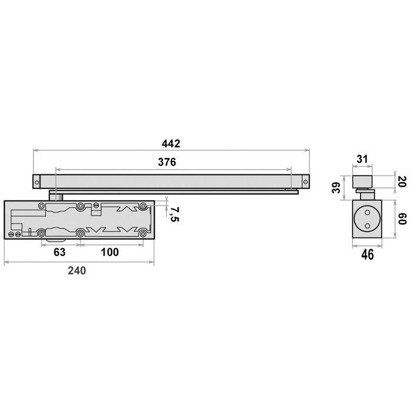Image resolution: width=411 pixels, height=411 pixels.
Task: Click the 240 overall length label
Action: pyautogui.click(x=76, y=271)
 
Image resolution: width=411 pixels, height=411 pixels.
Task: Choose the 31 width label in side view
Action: pyautogui.click(x=362, y=159)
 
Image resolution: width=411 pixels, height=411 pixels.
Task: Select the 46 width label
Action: pyautogui.click(x=367, y=254)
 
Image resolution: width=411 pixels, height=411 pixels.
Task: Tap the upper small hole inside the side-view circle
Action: pyautogui.click(x=367, y=212)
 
